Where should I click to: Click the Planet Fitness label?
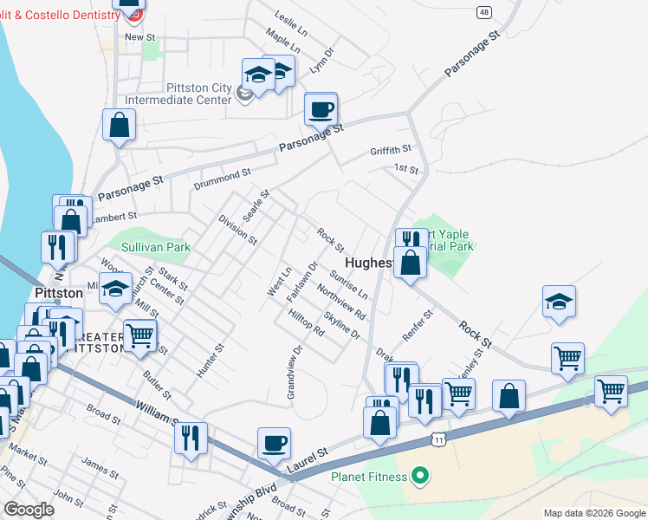click(x=369, y=476)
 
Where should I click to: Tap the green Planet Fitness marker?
click(x=420, y=475)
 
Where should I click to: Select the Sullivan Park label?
click(x=156, y=247)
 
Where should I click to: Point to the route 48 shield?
click(x=483, y=12)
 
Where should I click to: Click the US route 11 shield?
click(x=440, y=441)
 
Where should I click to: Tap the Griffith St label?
click(x=394, y=149)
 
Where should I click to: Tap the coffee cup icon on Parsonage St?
click(x=321, y=110)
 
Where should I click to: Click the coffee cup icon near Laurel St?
click(x=274, y=444)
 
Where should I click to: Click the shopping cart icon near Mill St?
click(x=139, y=335)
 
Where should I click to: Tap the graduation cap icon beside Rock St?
click(x=559, y=302)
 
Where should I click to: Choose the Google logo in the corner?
click(x=29, y=510)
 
